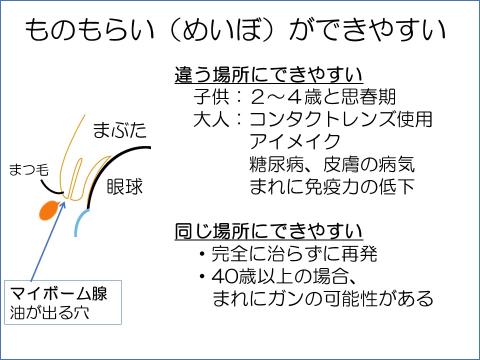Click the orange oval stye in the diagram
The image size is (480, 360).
coord(49,210)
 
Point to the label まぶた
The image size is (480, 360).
coord(119,130)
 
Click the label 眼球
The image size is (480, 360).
coord(125,186)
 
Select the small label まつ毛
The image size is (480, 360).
coord(29,169)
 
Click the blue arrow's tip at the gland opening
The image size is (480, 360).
coord(65,201)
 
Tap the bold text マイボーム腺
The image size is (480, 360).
coord(58,293)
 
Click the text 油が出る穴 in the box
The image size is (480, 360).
coord(49,312)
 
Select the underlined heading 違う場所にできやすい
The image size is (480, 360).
coord(268,74)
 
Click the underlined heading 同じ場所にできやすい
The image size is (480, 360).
coord(268,231)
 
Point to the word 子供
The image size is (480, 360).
coord(211,96)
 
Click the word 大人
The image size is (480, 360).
coord(211,119)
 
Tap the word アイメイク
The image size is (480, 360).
coord(295,141)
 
